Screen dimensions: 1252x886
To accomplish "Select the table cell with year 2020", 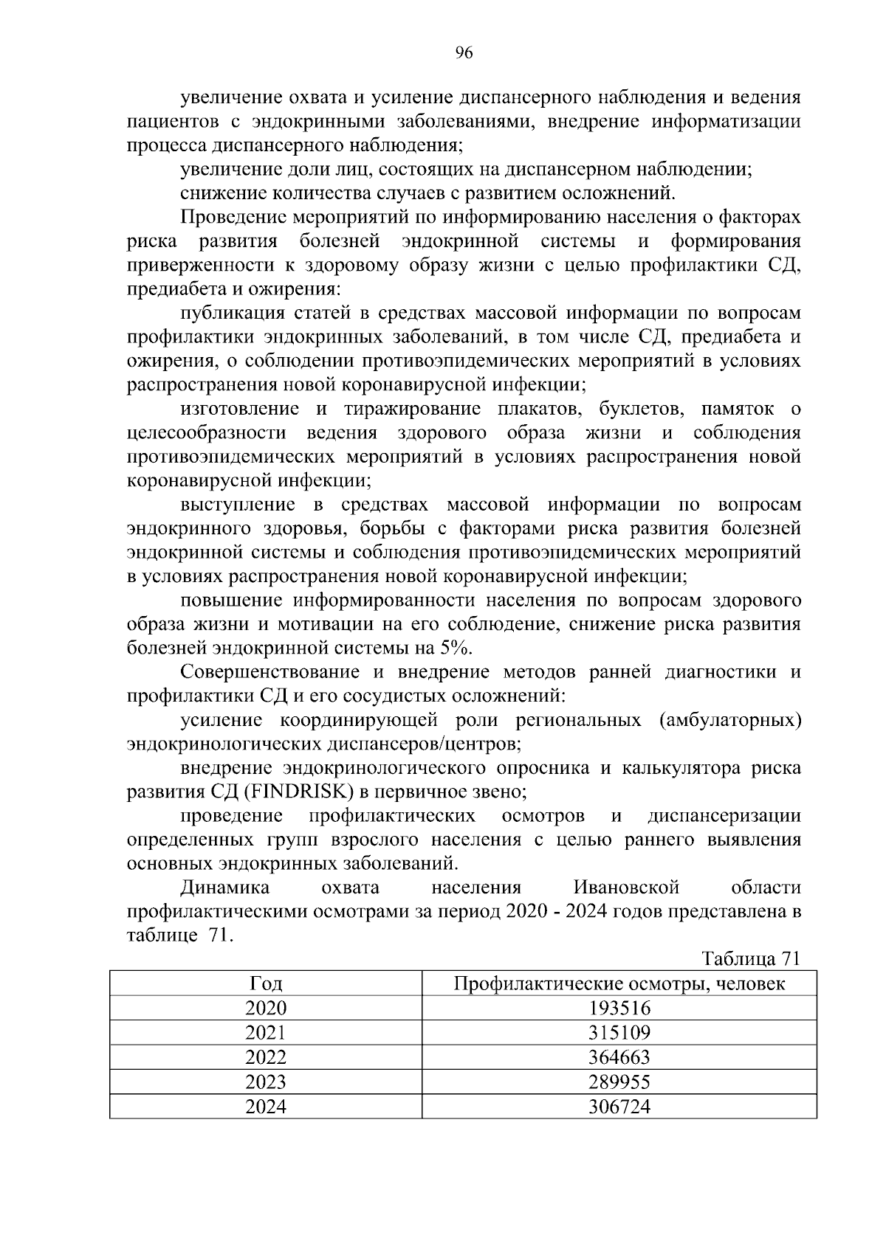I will [x=266, y=1008].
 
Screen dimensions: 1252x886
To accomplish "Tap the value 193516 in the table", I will [x=619, y=1008].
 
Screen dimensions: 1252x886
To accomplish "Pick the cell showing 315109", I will [x=619, y=1032].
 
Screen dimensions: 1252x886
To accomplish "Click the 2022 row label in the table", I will [x=266, y=1057].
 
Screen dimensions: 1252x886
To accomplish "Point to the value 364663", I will [x=619, y=1057].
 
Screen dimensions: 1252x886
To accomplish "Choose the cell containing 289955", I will [x=619, y=1082].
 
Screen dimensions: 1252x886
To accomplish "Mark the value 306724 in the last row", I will [x=619, y=1106].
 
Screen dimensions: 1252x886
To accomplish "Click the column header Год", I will [x=266, y=983].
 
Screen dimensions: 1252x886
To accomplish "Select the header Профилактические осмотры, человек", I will [x=619, y=983].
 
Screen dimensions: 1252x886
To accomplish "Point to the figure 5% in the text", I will [x=455, y=649].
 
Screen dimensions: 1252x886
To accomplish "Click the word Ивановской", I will [x=625, y=887].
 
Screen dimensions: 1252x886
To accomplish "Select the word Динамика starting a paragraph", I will [x=224, y=887].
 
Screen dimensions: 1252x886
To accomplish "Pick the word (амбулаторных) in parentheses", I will [x=729, y=719].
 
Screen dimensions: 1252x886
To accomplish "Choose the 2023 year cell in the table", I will [x=266, y=1082].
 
